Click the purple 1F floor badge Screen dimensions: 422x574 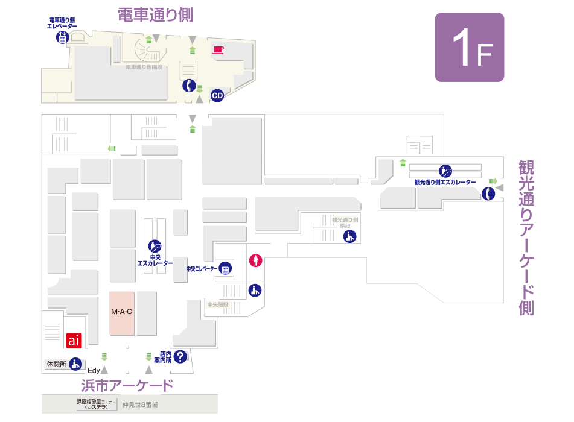470,48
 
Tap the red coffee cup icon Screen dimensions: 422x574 218,49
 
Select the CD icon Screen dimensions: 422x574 217,96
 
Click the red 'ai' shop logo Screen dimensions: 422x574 73,341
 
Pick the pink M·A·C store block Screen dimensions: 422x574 122,312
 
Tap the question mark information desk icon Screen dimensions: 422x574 180,357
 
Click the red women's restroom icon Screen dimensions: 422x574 256,261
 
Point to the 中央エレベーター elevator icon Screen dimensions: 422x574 226,269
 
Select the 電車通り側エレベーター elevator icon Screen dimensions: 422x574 62,37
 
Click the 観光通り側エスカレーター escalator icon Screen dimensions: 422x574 445,171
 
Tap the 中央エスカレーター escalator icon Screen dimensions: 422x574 155,246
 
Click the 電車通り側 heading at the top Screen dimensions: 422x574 155,15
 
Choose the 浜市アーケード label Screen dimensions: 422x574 127,385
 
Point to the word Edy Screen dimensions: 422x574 94,370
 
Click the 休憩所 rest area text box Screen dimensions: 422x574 56,364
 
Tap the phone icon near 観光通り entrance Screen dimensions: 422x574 488,194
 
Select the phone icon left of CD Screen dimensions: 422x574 190,86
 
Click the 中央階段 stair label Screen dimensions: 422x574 217,304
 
